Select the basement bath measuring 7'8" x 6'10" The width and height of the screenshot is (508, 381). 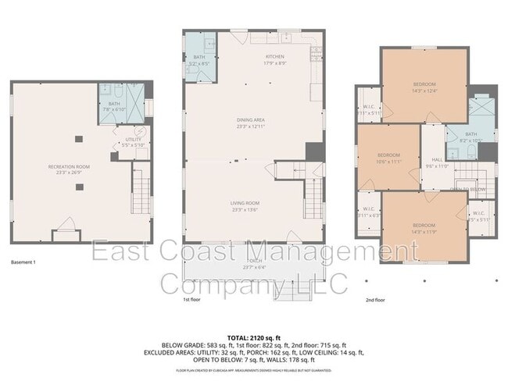(x=114, y=107)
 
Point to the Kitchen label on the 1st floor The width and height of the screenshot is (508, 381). (x=274, y=57)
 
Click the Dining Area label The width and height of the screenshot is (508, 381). (x=252, y=120)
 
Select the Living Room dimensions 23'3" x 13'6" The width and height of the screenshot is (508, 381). (x=247, y=209)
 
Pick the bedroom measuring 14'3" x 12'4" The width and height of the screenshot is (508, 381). (x=424, y=86)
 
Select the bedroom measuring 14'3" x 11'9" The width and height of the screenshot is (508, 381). (x=424, y=228)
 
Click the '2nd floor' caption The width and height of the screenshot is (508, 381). (x=375, y=299)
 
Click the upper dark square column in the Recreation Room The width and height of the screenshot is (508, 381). (x=77, y=139)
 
